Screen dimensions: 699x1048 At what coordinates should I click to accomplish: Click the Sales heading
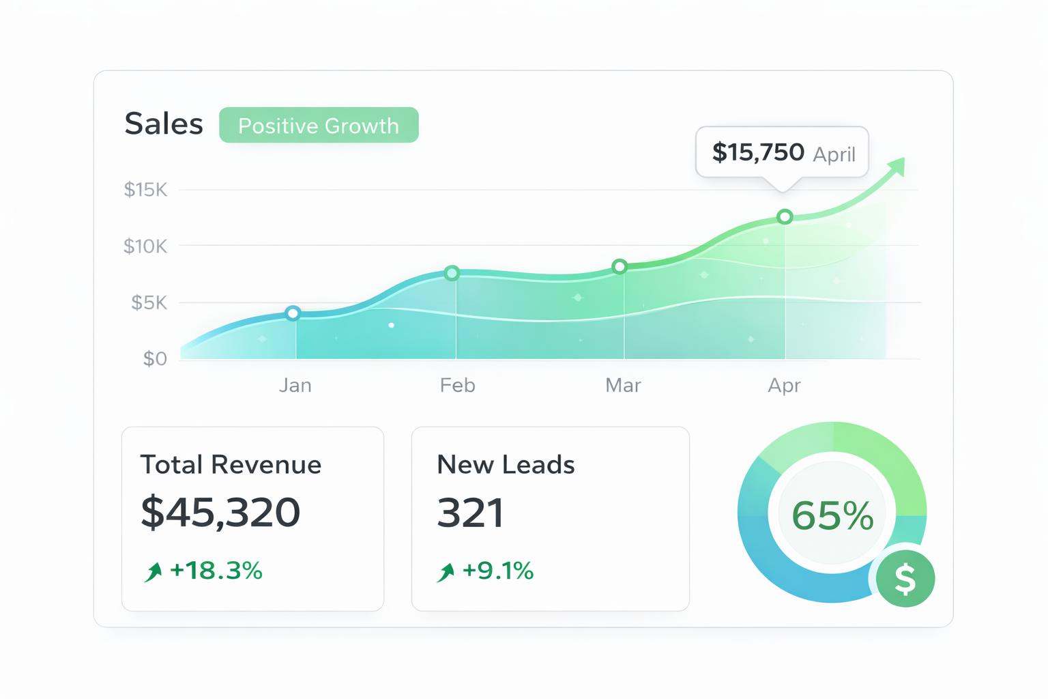click(x=164, y=124)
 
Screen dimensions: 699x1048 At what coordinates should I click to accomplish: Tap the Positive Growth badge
click(x=319, y=126)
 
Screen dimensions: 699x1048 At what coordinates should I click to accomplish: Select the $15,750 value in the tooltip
click(x=758, y=152)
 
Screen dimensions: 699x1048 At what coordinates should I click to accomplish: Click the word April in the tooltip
click(x=834, y=154)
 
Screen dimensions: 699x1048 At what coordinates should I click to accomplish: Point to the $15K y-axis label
click(x=145, y=190)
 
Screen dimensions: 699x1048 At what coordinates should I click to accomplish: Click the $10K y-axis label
click(x=145, y=246)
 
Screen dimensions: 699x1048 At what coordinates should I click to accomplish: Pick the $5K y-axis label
click(x=149, y=302)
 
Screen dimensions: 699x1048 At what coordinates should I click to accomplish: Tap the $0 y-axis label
click(x=155, y=358)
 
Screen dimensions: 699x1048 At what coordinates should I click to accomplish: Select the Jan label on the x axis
click(x=295, y=386)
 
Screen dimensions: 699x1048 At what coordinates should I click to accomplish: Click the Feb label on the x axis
click(x=457, y=386)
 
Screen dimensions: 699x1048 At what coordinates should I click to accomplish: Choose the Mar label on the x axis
click(x=623, y=386)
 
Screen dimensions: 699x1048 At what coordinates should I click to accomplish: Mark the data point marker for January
click(x=293, y=313)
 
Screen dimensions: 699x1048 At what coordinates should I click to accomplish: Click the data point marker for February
click(x=452, y=273)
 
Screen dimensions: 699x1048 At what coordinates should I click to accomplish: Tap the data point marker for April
click(x=785, y=216)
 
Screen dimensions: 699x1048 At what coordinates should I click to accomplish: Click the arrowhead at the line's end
click(x=897, y=166)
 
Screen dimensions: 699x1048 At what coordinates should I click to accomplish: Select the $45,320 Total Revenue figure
click(x=220, y=512)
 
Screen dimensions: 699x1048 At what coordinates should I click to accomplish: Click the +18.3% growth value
click(x=216, y=571)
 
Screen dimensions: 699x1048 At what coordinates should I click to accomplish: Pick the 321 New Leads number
click(x=470, y=513)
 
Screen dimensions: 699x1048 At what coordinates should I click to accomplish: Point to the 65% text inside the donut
click(x=832, y=515)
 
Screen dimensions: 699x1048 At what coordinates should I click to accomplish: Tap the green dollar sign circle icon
click(x=905, y=578)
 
